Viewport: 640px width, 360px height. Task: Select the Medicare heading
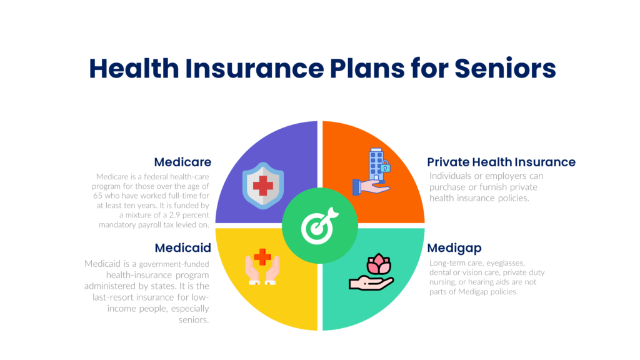182,162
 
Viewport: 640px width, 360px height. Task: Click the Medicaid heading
183,247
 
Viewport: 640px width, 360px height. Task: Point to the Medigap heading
454,248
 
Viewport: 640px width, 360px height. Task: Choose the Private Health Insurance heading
501,162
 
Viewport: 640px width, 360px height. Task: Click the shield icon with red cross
263,186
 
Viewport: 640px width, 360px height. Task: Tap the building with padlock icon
371,171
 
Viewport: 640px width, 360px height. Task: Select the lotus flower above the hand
379,264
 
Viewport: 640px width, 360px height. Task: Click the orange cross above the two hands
262,257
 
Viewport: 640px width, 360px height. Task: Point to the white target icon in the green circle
319,226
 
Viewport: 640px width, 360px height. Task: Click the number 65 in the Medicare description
97,196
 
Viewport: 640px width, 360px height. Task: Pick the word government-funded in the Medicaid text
174,264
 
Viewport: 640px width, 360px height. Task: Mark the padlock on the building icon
385,167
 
